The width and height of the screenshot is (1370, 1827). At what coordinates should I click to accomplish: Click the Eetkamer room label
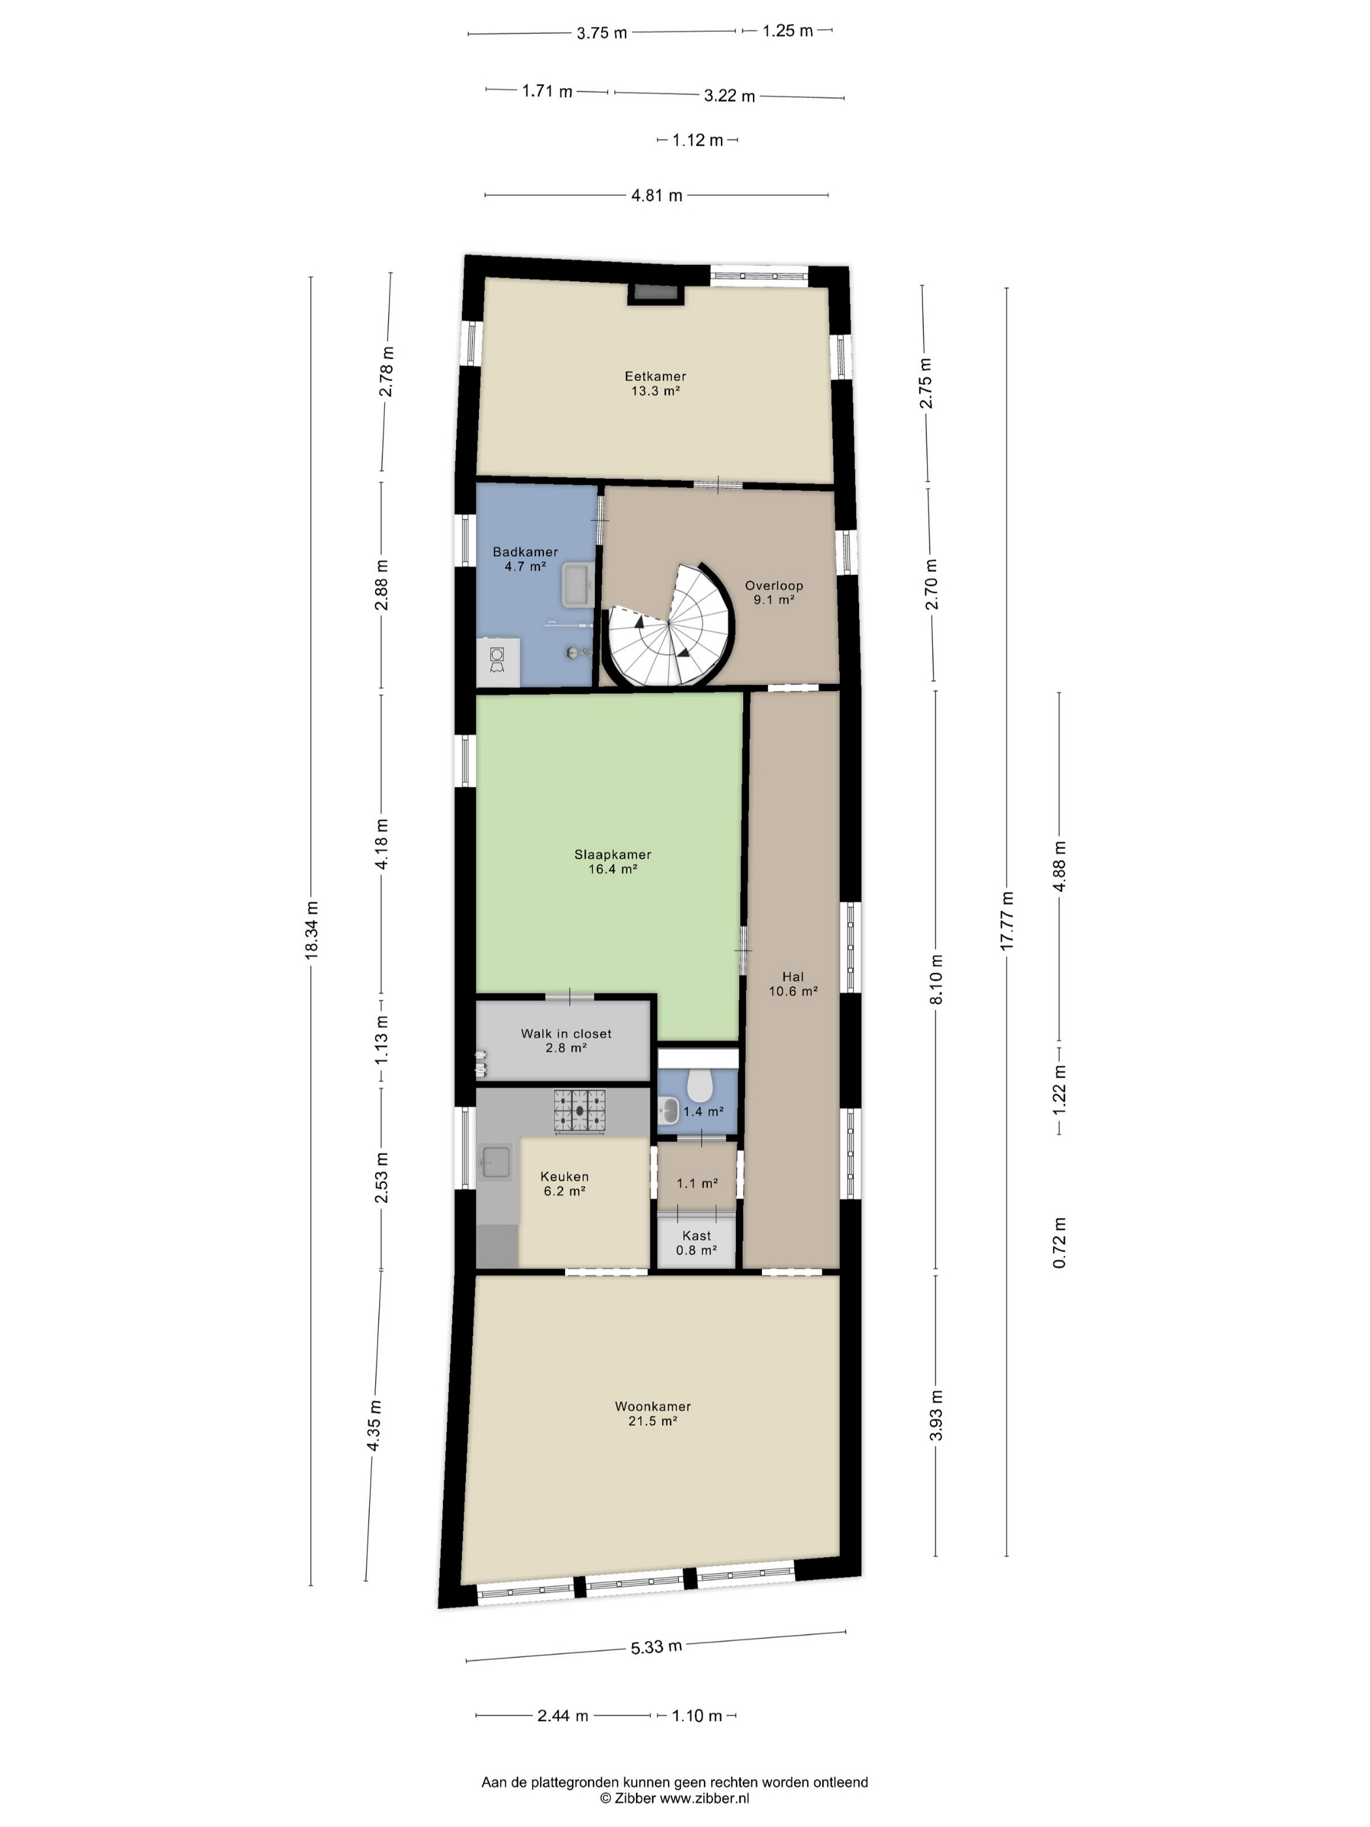[655, 376]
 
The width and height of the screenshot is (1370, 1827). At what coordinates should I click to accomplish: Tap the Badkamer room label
[525, 552]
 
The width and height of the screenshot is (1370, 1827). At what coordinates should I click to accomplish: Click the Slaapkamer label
[613, 855]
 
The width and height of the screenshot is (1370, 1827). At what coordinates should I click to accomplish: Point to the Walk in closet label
[566, 1034]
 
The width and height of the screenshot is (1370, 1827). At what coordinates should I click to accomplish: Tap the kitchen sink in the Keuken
[496, 1163]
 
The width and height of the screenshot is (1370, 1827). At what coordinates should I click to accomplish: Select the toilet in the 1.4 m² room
[700, 1081]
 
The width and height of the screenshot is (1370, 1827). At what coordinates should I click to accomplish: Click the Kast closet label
[696, 1236]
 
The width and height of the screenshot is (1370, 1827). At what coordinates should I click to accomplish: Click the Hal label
[793, 976]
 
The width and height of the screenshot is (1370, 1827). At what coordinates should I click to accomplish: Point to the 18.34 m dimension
[311, 930]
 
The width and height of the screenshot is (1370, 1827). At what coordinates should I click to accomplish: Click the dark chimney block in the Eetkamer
[656, 293]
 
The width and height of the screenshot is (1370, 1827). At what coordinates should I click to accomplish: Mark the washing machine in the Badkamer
[498, 661]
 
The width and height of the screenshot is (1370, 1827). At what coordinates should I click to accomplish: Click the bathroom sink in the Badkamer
[575, 585]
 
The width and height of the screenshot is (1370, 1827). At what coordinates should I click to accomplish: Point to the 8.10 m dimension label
[936, 979]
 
